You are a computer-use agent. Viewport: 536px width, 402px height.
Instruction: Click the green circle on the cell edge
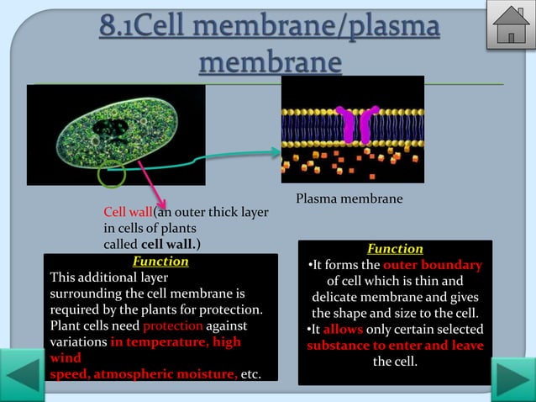pyautogui.click(x=111, y=177)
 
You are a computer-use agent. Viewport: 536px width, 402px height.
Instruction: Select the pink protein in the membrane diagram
pyautogui.click(x=356, y=125)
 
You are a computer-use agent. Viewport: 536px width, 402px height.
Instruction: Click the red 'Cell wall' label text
pyautogui.click(x=128, y=211)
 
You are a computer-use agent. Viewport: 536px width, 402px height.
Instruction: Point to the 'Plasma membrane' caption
pyautogui.click(x=349, y=198)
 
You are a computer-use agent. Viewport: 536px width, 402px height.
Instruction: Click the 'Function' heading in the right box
pyautogui.click(x=395, y=249)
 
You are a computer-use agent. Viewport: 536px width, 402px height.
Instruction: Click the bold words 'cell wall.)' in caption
pyautogui.click(x=171, y=244)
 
